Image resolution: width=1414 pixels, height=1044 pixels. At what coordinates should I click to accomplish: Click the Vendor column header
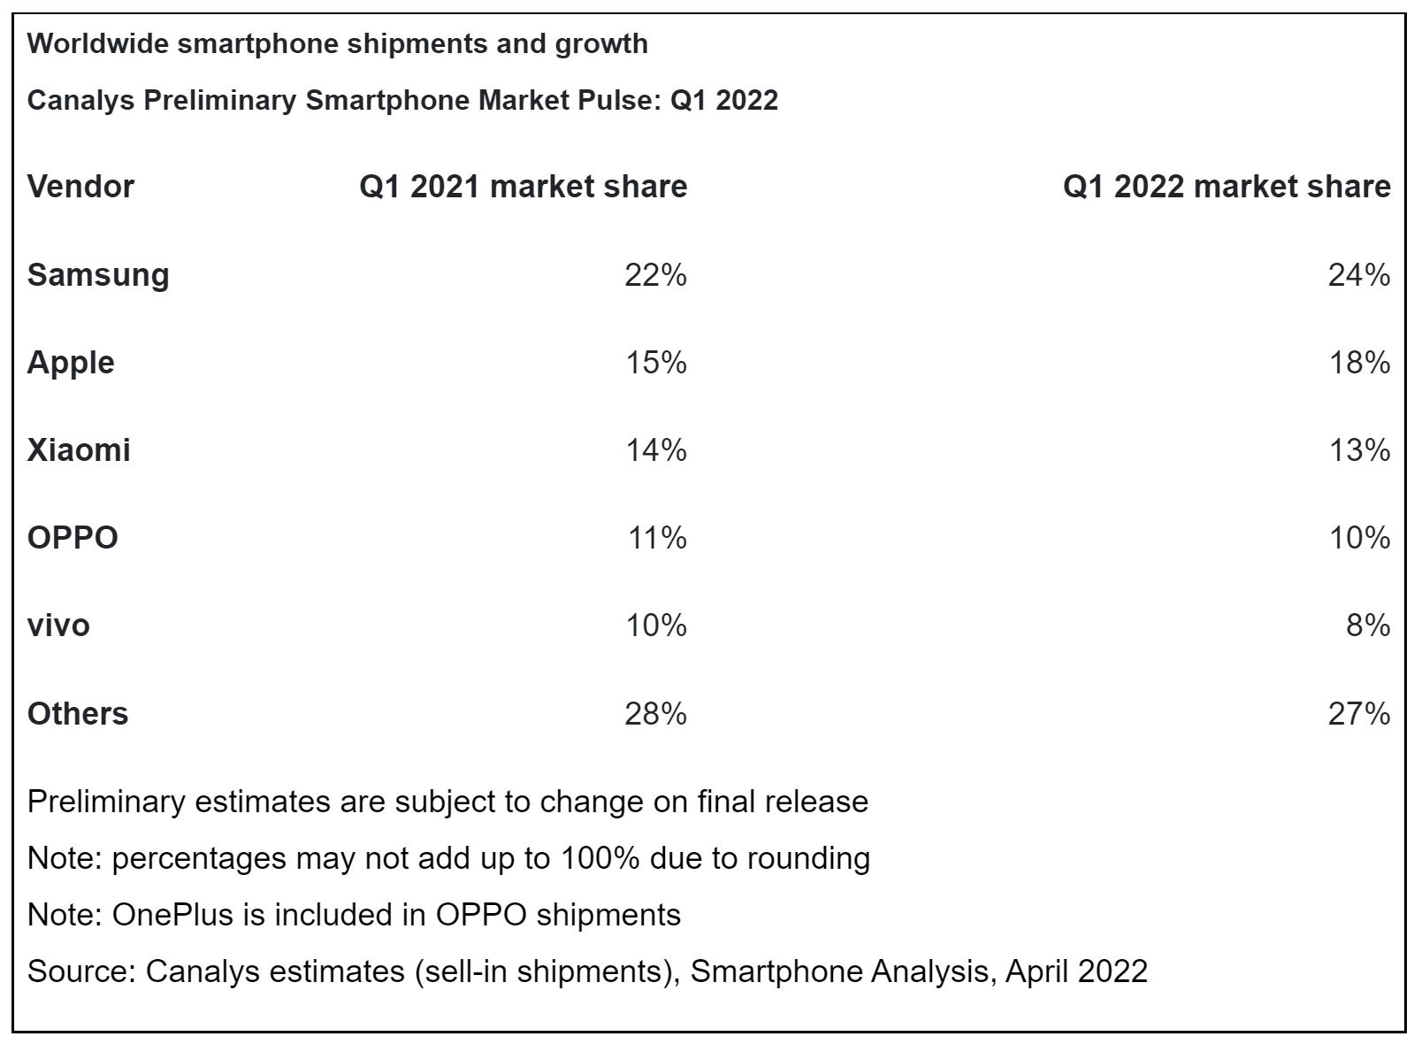pos(80,187)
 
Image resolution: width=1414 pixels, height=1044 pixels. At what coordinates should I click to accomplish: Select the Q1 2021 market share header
pos(523,187)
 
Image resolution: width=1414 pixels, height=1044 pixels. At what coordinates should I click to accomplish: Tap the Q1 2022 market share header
pos(1226,187)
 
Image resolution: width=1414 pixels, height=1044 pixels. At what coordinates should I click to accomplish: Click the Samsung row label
pos(98,274)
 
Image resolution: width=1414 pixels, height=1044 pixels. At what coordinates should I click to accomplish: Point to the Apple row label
pos(71,363)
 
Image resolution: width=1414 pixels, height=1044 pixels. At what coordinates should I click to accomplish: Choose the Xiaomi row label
pos(79,450)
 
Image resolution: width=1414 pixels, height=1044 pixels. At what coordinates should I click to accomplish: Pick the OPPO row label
pos(73,538)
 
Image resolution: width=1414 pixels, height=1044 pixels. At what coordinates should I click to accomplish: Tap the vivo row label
pos(58,626)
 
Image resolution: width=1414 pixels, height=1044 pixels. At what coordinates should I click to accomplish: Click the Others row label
pos(78,713)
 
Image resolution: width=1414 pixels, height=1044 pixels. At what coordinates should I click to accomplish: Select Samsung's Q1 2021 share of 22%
pos(655,275)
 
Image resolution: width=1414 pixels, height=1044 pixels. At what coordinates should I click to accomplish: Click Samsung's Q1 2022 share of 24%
pos(1358,275)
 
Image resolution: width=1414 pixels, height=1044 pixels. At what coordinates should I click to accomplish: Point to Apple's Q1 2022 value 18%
pos(1359,363)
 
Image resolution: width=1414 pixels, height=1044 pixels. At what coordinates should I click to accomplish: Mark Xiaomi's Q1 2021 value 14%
pos(656,450)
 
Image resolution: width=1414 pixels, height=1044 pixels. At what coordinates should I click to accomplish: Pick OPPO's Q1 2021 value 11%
pos(657,538)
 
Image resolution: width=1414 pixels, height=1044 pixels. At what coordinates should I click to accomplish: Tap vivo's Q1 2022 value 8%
pos(1368,626)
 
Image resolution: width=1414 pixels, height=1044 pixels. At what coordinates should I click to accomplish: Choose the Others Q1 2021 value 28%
pos(655,713)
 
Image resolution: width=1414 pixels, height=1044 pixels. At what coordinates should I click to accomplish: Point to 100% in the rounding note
pos(600,858)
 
